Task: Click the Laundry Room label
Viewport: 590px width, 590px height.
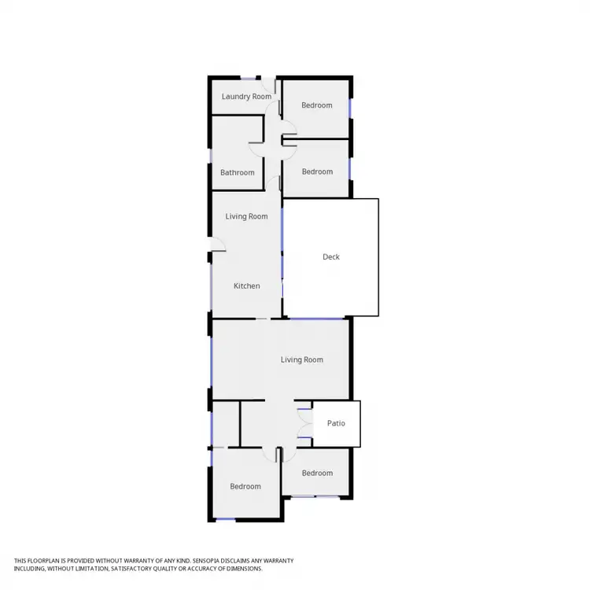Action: [246, 97]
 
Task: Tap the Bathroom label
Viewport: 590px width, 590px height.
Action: [237, 172]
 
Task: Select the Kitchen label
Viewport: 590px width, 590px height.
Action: [247, 286]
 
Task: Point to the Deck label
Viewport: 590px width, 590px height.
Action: [331, 256]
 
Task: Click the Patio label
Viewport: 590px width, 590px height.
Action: [336, 423]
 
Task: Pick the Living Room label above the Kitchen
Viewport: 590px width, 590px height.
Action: [247, 216]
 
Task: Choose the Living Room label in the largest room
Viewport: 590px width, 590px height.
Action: [302, 360]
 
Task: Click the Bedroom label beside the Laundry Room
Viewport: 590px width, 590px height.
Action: [317, 105]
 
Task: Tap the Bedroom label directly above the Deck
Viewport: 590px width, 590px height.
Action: [317, 171]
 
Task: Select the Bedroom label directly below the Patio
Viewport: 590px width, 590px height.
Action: [317, 473]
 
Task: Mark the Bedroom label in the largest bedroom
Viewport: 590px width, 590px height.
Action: [245, 486]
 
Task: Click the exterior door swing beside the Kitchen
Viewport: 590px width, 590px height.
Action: [218, 245]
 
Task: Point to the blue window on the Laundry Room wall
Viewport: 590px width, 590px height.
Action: [249, 78]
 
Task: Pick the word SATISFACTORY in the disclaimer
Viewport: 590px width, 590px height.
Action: [134, 568]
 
